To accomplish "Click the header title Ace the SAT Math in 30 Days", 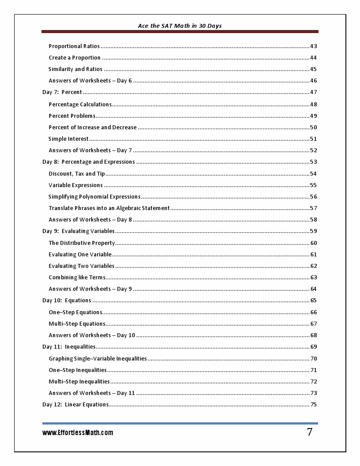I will [180, 26].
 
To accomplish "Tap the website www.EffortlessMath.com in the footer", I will [78, 432].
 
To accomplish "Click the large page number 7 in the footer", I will [310, 432].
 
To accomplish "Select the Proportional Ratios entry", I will [74, 46].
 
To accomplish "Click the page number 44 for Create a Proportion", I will [313, 58].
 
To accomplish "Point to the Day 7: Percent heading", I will [62, 92].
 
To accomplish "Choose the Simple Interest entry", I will [68, 139].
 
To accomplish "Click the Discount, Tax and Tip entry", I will [77, 174].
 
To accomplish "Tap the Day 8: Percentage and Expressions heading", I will [89, 162].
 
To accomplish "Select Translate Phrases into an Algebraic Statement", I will [109, 208].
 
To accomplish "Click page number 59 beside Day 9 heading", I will [313, 231].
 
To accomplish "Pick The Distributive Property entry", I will [82, 243].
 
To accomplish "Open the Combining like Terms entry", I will [77, 278].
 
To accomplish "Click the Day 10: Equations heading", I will [67, 301].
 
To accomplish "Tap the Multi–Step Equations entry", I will [77, 324].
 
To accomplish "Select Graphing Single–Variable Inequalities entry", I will [97, 359].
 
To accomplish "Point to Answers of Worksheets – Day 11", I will [92, 393].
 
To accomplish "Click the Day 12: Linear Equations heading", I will [75, 405].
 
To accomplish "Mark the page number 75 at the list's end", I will [313, 405].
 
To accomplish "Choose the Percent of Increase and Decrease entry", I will [93, 128].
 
